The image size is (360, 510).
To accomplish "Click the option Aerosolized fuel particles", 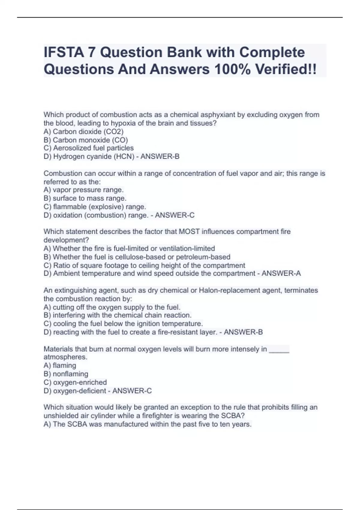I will pos(88,148).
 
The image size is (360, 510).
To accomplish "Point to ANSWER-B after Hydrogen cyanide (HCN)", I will pos(160,157).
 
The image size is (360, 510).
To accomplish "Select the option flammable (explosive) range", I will pos(95,207).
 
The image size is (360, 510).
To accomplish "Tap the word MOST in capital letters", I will pos(188,232).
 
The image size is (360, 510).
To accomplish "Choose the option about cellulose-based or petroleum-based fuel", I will pos(137,257).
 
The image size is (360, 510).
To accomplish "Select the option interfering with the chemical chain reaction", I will pos(117,315).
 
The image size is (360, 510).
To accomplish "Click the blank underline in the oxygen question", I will pos(279,349).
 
